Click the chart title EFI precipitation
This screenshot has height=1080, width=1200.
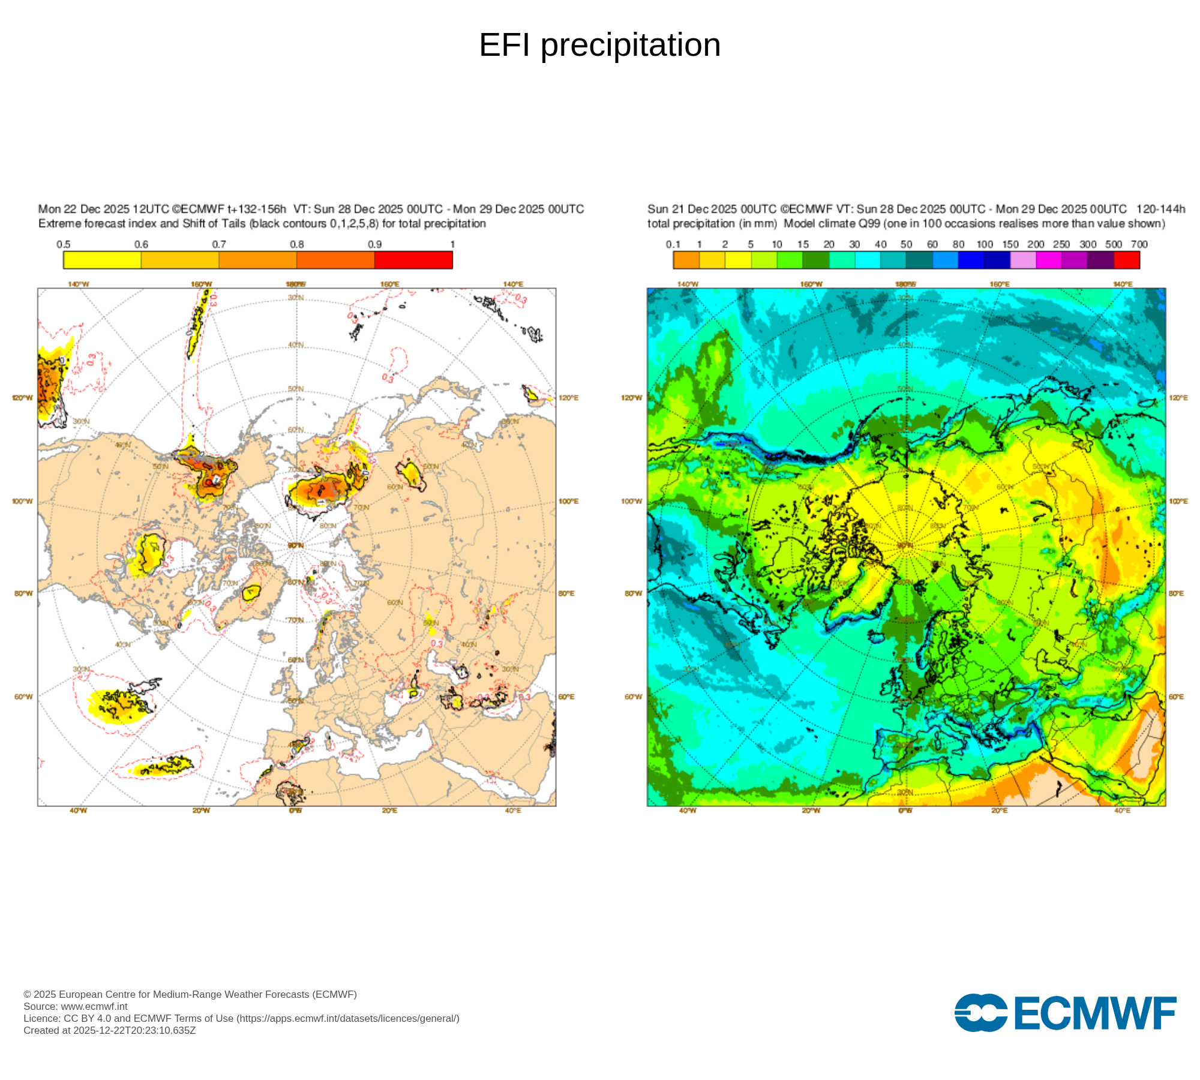click(599, 45)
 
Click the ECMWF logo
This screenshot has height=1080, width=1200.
click(1065, 1013)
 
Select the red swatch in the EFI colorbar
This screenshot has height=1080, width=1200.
click(413, 260)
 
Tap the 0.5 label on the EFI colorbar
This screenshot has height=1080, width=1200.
click(64, 244)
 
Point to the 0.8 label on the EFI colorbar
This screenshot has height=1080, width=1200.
click(297, 244)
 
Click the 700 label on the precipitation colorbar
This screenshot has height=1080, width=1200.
click(1139, 244)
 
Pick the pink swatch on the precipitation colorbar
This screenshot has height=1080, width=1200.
click(1023, 260)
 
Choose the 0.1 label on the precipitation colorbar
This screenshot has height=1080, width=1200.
click(673, 244)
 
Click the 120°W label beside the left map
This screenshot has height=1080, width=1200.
click(22, 398)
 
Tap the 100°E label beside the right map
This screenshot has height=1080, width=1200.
click(1178, 501)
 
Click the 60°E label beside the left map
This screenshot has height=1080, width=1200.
click(566, 697)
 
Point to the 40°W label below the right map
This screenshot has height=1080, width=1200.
click(688, 811)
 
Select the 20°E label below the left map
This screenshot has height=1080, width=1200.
click(389, 811)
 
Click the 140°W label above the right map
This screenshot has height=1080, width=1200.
click(688, 284)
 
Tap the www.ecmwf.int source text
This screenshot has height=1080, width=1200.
click(94, 1006)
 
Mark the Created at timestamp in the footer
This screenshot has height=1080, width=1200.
click(110, 1030)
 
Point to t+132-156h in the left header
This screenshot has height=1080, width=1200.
click(256, 209)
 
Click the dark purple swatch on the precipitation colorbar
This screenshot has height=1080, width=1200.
click(1100, 260)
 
